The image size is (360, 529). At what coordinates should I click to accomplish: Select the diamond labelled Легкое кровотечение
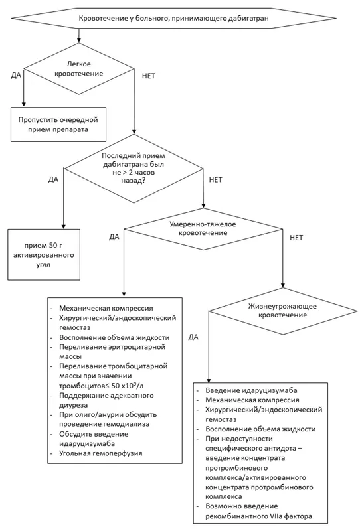[79, 68]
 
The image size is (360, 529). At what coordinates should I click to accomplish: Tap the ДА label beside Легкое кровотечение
[16, 75]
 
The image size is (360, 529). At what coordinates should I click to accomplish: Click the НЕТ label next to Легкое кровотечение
[149, 76]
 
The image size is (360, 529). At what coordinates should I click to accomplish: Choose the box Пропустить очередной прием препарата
[58, 124]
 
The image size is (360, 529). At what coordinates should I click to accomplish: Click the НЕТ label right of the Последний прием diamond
[215, 179]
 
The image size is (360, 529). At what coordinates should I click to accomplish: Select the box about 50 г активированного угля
[44, 255]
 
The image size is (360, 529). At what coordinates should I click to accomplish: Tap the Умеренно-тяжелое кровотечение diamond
[203, 229]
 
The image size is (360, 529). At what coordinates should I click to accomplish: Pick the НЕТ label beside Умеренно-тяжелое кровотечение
[296, 238]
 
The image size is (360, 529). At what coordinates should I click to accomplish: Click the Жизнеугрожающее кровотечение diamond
[283, 311]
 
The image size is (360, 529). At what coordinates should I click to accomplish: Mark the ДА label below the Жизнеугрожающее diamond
[193, 337]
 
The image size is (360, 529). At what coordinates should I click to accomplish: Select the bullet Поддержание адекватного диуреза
[106, 400]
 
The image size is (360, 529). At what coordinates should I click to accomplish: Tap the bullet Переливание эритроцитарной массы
[112, 352]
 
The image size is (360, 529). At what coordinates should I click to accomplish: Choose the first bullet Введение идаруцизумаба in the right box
[251, 390]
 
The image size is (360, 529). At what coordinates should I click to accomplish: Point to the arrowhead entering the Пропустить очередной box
[23, 104]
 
